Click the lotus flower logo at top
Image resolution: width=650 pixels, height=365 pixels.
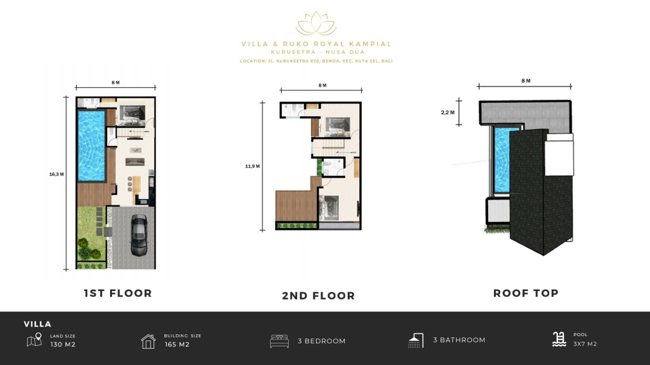pos(316,23)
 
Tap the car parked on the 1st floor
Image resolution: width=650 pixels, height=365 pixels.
pos(139,235)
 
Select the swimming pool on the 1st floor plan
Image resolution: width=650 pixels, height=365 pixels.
pos(91,146)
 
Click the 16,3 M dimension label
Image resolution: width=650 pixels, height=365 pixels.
pos(57,174)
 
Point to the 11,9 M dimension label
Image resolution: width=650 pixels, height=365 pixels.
pos(252,166)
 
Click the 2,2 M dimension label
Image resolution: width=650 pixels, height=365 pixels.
pos(448,112)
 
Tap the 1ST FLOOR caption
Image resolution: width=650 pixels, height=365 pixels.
pos(118,293)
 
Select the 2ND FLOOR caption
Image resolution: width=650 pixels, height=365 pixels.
pos(318,296)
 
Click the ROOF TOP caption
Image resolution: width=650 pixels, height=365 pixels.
pos(526,293)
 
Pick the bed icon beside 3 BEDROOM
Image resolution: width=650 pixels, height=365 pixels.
pos(279,341)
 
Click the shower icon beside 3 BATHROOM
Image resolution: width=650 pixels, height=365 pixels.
pos(416,340)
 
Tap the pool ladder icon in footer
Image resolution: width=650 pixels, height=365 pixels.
pos(559,339)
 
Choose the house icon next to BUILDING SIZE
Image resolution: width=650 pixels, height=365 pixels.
pos(148,342)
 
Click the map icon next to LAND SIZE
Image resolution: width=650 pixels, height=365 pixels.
pos(34,340)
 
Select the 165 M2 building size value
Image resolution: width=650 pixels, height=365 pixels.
pos(177,345)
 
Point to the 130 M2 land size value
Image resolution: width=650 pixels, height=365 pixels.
pos(63,345)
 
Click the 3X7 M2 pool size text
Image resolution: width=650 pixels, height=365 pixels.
pos(585,344)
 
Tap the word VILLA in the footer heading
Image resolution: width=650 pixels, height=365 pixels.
pos(38,324)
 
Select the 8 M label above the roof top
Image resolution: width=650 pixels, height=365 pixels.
pos(526,81)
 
